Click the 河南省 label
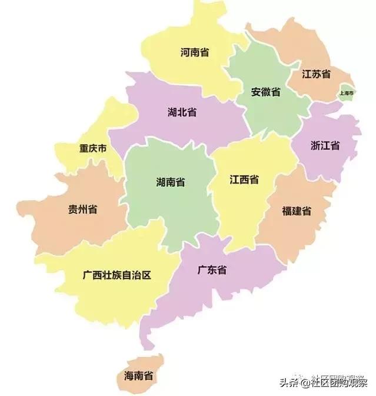[x=195, y=52]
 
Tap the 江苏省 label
[x=316, y=74]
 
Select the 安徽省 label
[x=265, y=92]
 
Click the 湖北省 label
[x=182, y=112]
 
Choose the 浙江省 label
[x=325, y=146]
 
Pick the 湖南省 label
[x=171, y=182]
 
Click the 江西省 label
[x=244, y=180]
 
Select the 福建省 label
[x=297, y=211]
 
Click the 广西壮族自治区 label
[x=118, y=275]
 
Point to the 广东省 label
[x=212, y=271]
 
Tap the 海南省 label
[x=139, y=375]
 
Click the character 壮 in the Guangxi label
[x=111, y=275]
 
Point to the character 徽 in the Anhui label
[x=265, y=92]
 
